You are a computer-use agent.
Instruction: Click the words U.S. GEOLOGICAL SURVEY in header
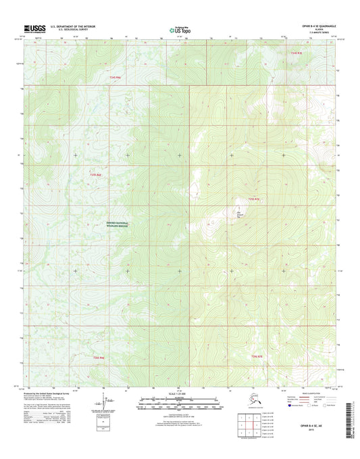68,30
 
